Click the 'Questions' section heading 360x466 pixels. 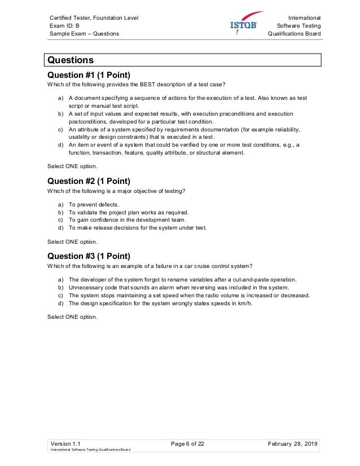pos(71,60)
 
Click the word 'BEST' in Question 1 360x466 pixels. pos(143,85)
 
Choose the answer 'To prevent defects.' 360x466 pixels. pos(94,204)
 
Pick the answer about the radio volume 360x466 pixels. pos(189,295)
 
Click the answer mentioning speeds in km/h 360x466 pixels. pos(160,303)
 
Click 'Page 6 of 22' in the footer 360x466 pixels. pos(187,444)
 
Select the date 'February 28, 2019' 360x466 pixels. pos(293,444)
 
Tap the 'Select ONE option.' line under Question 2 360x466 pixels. pos(72,241)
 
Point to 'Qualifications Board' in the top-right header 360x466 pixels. pos(295,34)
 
